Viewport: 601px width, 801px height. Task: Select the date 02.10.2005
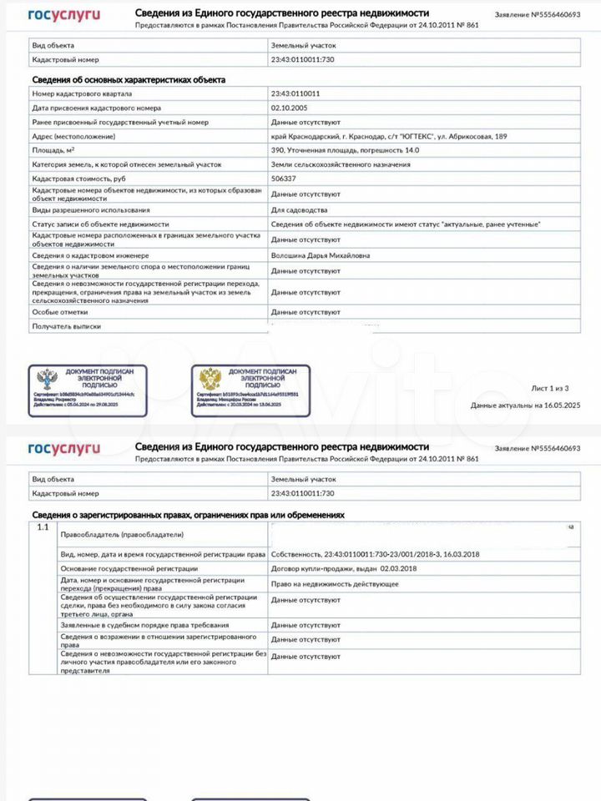click(289, 108)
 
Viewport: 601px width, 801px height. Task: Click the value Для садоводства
click(300, 210)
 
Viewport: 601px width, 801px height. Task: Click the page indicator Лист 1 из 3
click(549, 388)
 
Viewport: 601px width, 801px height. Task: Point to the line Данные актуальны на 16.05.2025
click(524, 406)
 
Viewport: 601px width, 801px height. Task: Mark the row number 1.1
click(43, 527)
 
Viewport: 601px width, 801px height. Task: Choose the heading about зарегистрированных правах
click(188, 515)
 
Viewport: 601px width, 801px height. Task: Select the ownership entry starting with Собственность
click(375, 554)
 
